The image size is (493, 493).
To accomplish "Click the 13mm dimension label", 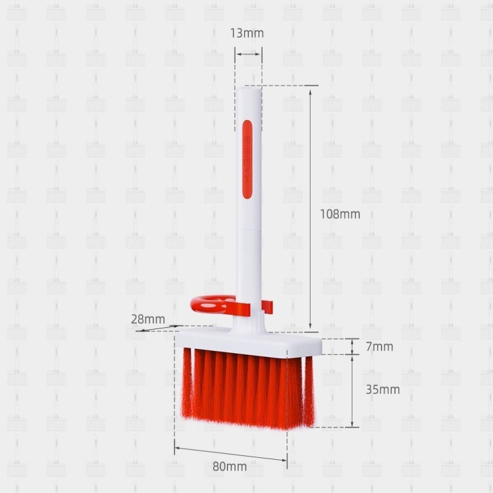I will point(246,33).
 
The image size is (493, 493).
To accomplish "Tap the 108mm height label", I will point(340,214).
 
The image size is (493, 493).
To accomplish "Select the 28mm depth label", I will point(148,319).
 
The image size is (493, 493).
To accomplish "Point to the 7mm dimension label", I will point(379,346).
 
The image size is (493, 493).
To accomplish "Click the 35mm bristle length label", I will point(382,389).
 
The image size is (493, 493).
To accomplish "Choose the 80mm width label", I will point(229,467).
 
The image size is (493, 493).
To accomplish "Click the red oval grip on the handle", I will point(247,159).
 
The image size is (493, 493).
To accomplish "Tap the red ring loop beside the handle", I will point(210,303).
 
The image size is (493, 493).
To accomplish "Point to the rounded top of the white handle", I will point(249,91).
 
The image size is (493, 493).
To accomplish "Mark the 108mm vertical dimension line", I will point(310,210).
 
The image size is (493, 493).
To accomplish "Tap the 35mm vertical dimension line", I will point(352,390).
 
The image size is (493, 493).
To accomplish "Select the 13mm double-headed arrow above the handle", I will point(248,55).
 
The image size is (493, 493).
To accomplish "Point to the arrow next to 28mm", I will point(158,328).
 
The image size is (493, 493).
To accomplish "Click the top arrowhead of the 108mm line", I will point(310,90).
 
